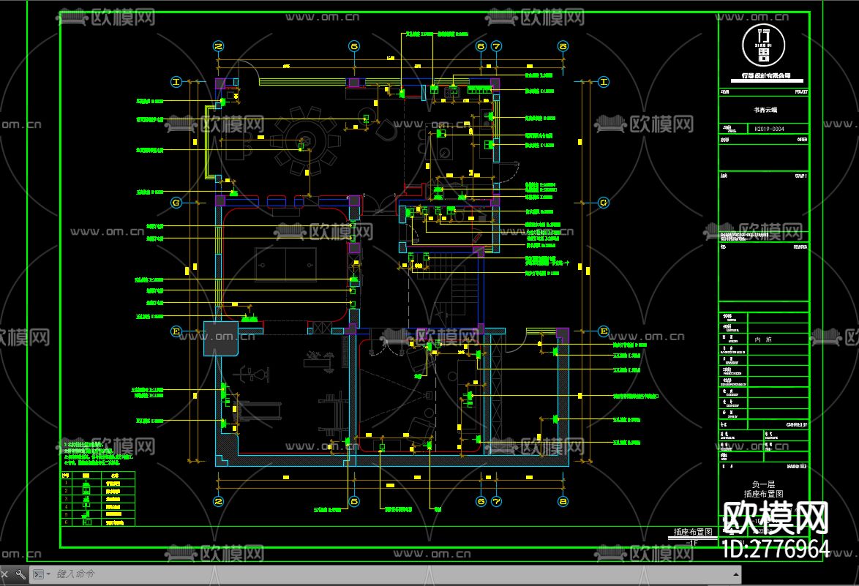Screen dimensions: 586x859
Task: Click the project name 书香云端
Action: pos(765,110)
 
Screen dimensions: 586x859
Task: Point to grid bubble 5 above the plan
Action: pos(354,46)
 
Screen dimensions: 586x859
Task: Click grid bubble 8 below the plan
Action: pos(563,501)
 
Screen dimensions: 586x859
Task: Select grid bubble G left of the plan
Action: pos(176,202)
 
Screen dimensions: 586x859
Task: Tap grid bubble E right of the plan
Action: pos(604,330)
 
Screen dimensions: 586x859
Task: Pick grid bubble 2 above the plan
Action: pos(218,46)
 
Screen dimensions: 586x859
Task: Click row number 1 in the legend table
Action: pos(66,483)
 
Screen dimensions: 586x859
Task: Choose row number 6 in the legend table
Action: pos(66,522)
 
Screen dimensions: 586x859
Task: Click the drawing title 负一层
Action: pos(763,484)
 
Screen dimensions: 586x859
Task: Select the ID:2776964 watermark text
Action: pos(776,549)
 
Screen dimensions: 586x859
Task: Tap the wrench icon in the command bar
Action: pos(21,574)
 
